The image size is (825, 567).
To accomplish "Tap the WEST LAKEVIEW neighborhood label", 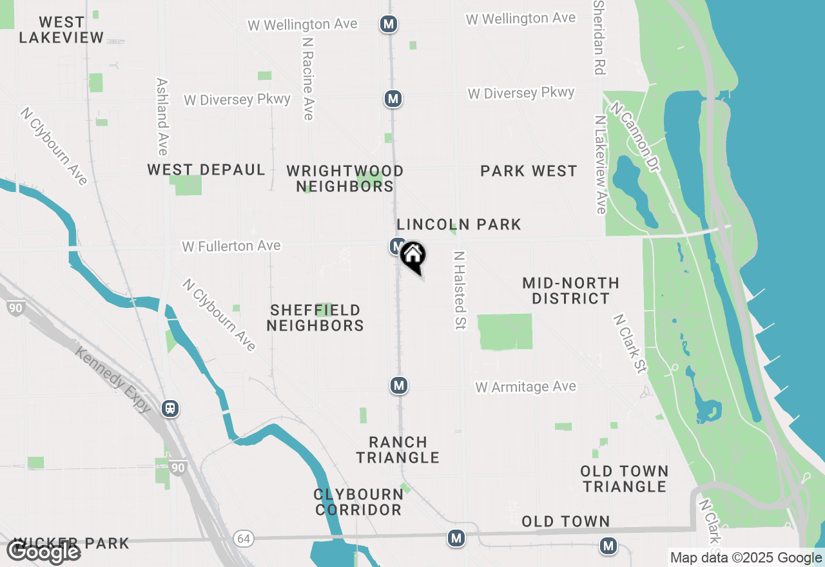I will click(x=61, y=30).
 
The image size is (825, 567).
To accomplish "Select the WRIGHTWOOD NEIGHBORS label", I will click(x=345, y=178).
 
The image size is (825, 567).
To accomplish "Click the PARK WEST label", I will click(x=529, y=171).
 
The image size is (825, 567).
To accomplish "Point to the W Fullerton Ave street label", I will click(x=231, y=246).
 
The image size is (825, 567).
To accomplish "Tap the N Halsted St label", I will click(x=460, y=291).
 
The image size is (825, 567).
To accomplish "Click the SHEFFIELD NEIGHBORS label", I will click(x=315, y=318).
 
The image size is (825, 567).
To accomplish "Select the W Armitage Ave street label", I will click(x=526, y=387).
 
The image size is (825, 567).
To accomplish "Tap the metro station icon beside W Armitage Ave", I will click(x=399, y=385).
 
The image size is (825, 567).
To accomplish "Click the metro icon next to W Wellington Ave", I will click(x=388, y=24).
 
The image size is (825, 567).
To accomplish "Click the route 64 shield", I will click(x=242, y=539).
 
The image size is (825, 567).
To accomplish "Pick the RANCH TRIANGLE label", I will click(x=398, y=450).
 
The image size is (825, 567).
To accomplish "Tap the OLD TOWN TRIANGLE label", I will click(x=625, y=479).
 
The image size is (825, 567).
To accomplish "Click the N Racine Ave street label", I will click(x=307, y=77).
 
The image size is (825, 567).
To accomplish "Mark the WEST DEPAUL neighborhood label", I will click(x=206, y=169).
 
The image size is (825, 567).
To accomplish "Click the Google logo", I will click(x=43, y=551).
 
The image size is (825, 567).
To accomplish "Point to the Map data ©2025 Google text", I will click(x=746, y=558).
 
